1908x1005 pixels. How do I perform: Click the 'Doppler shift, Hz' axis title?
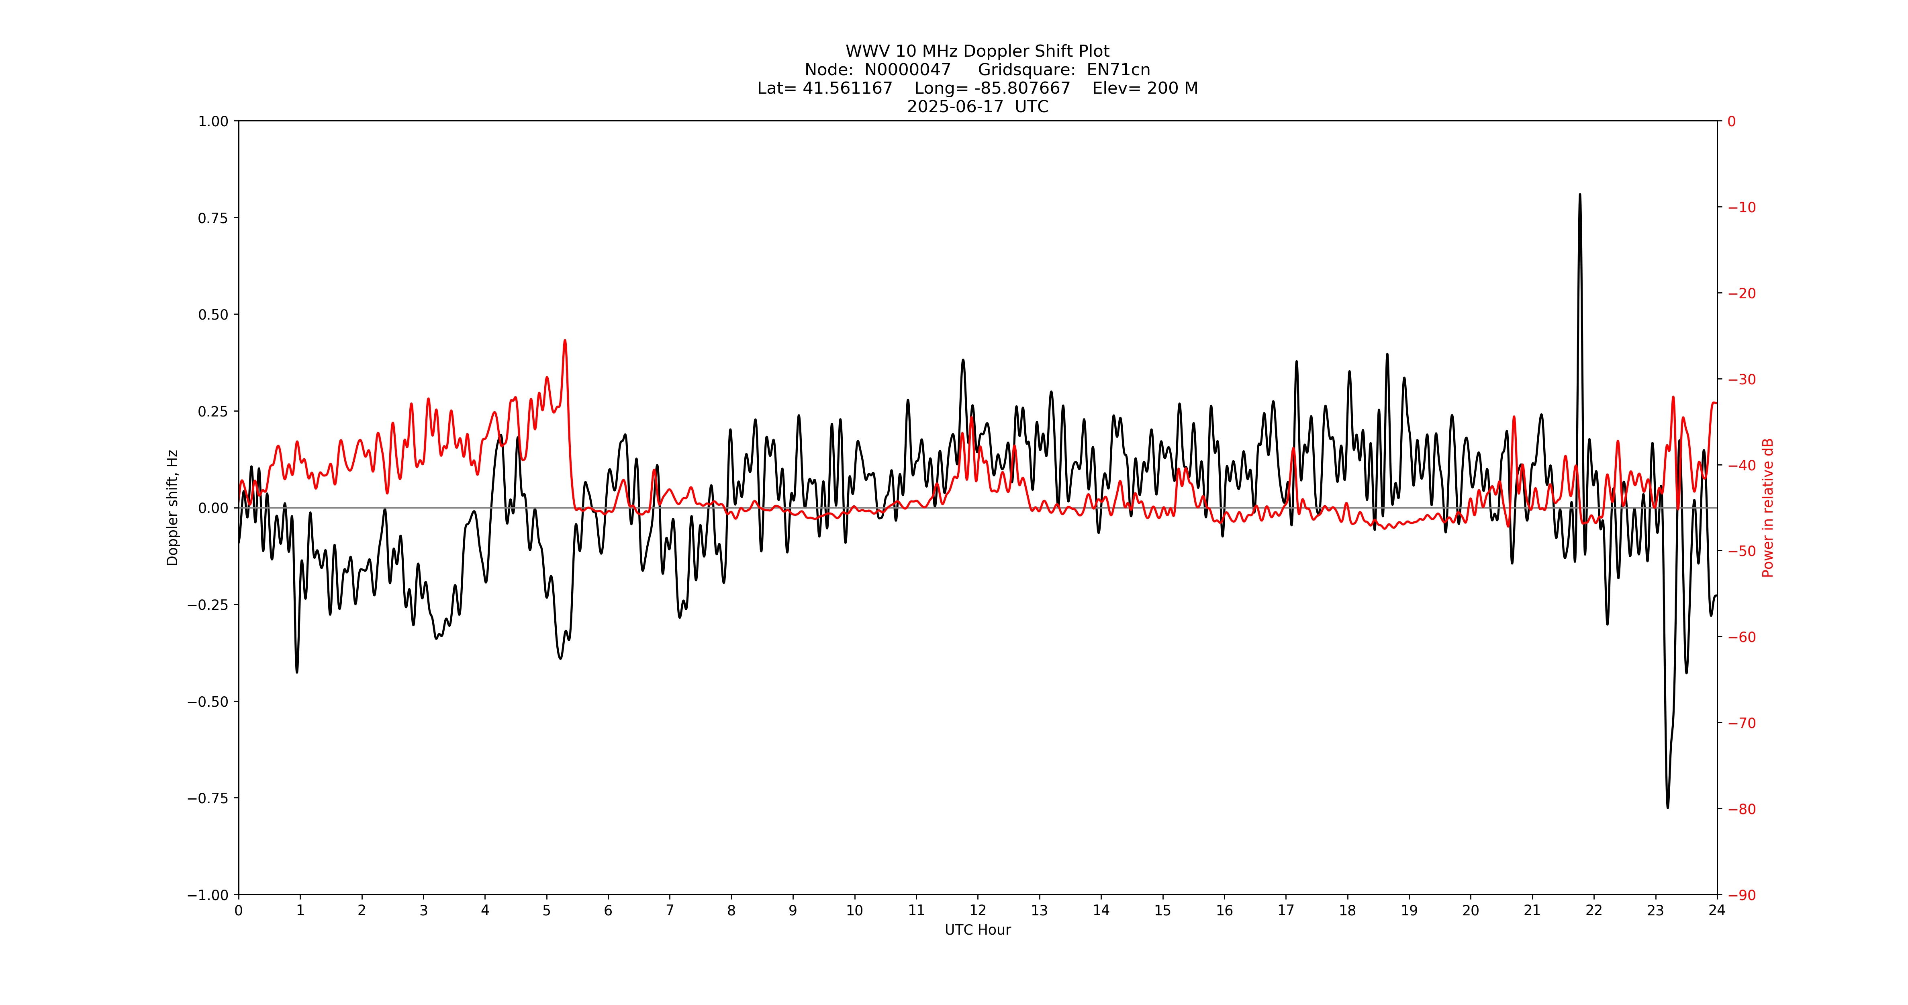173,508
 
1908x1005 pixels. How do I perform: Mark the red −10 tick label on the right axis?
1741,207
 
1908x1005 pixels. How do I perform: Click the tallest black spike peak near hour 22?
1580,195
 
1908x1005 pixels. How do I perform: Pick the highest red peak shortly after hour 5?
565,341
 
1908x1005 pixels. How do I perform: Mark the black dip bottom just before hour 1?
297,671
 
